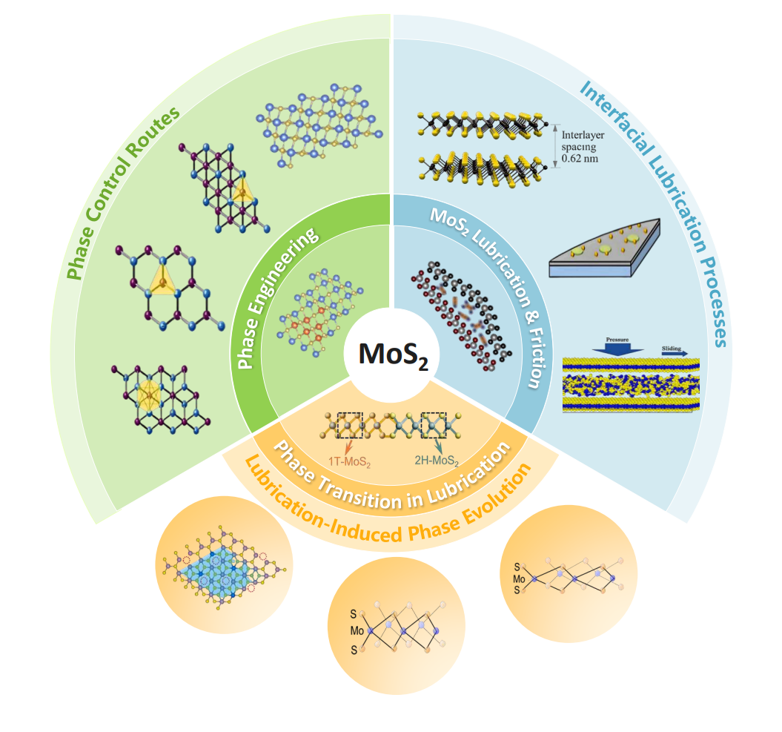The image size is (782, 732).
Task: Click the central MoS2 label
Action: pyautogui.click(x=394, y=356)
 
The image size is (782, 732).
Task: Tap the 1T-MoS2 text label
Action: pyautogui.click(x=349, y=462)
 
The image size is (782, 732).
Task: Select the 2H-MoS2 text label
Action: pyautogui.click(x=437, y=461)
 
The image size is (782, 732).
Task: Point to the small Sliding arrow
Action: pyautogui.click(x=675, y=354)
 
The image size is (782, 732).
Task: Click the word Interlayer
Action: pyautogui.click(x=583, y=135)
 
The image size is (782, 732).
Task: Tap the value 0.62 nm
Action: pyautogui.click(x=580, y=159)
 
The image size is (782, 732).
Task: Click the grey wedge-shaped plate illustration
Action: pyautogui.click(x=604, y=248)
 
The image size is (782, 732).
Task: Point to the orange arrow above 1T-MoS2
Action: pyautogui.click(x=348, y=446)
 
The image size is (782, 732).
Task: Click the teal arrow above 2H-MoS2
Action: pyautogui.click(x=437, y=446)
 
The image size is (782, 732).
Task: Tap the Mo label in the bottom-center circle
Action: pyautogui.click(x=357, y=631)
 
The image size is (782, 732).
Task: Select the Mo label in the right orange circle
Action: pyautogui.click(x=519, y=579)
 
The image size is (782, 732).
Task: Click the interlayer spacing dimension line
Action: pyautogui.click(x=557, y=145)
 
